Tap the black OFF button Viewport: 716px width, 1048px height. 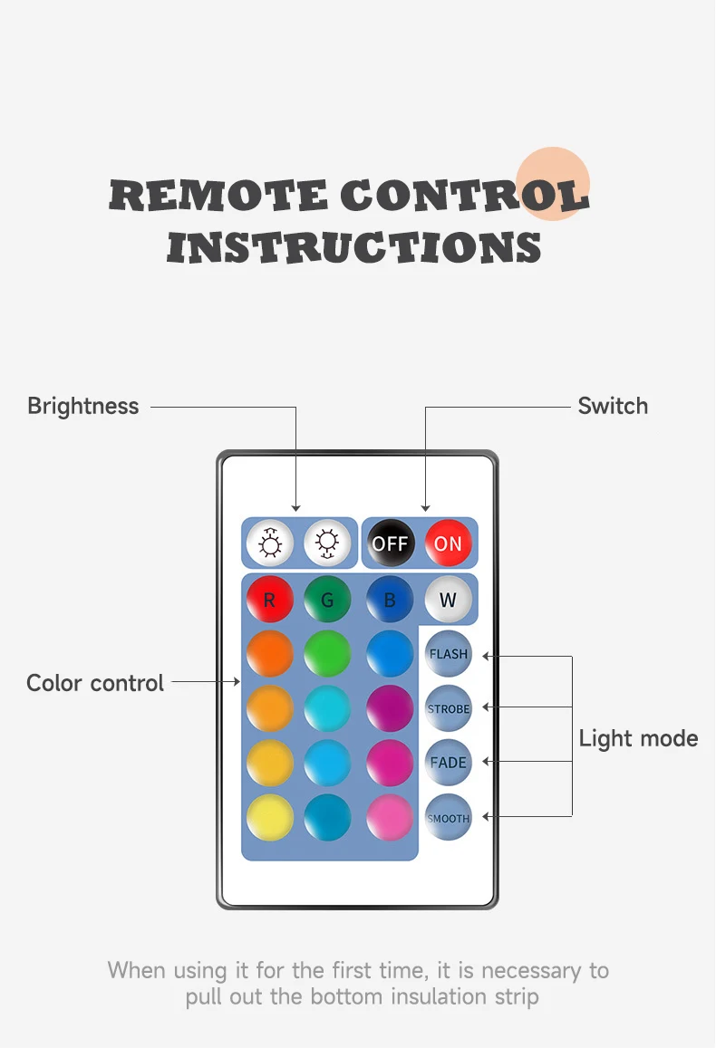[391, 543]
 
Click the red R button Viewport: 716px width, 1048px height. [270, 599]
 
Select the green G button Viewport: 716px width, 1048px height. [327, 599]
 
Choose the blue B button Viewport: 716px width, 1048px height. [390, 599]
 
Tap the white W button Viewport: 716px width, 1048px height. [448, 599]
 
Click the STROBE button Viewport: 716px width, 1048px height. [449, 708]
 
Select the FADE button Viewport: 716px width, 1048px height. [449, 763]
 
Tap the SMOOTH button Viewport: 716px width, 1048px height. [449, 818]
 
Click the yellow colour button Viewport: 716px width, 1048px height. [270, 817]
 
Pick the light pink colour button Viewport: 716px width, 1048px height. [390, 817]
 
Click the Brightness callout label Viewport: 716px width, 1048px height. [83, 406]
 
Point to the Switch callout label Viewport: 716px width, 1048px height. [613, 406]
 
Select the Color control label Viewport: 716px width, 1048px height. [95, 683]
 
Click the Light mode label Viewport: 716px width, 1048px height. [638, 738]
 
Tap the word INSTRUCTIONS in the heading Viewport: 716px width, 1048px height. [354, 247]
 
